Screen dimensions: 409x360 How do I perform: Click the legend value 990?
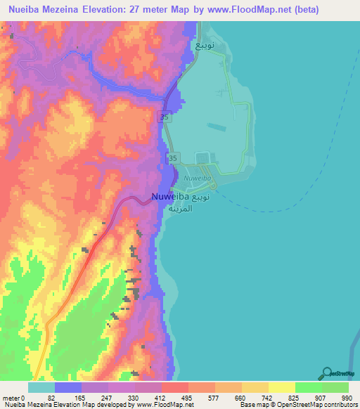(x=347, y=397)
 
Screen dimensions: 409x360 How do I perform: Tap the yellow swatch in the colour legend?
(x=281, y=387)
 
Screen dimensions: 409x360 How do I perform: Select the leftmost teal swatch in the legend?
(x=41, y=387)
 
